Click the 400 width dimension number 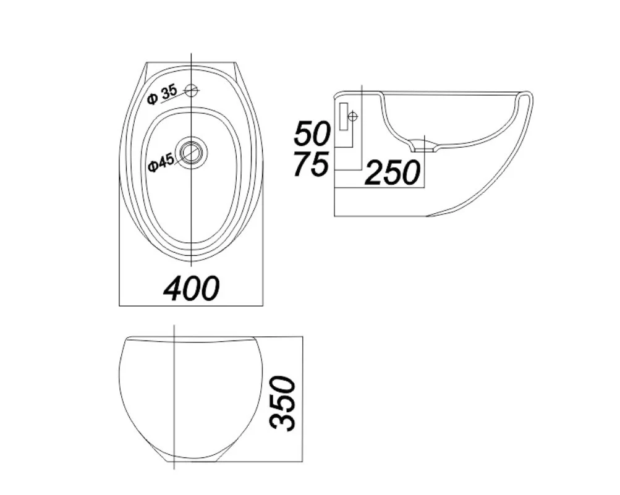pyautogui.click(x=191, y=288)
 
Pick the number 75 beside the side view pyautogui.click(x=311, y=164)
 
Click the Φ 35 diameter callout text pyautogui.click(x=162, y=95)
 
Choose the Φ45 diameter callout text pyautogui.click(x=159, y=163)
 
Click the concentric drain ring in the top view pyautogui.click(x=192, y=152)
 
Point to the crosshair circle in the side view pyautogui.click(x=353, y=116)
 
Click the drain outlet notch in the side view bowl pyautogui.click(x=425, y=145)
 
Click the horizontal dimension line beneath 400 pyautogui.click(x=191, y=305)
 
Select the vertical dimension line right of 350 pyautogui.click(x=302, y=402)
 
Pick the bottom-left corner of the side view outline pyautogui.click(x=334, y=216)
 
